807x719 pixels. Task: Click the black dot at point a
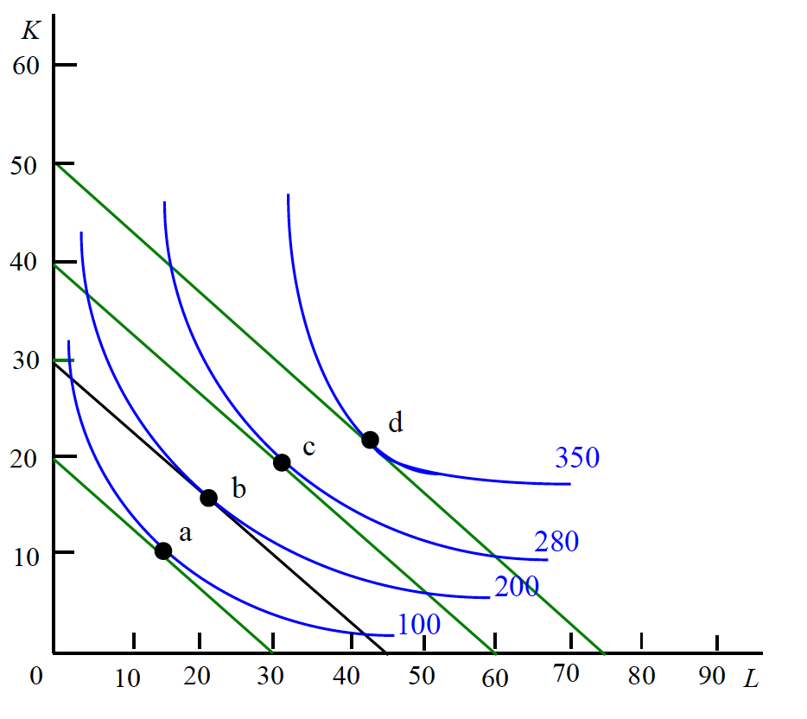163,550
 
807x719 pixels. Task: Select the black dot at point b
208,497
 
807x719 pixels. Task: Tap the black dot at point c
282,462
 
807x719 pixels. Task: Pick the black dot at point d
370,440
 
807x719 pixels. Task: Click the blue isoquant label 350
577,457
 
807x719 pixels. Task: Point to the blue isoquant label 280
556,542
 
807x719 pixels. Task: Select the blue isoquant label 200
517,587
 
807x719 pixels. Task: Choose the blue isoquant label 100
418,624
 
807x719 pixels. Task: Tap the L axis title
751,679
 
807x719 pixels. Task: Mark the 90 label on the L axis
712,677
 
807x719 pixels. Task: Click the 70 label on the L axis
566,675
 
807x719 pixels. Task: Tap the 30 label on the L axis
273,677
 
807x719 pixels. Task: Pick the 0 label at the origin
36,676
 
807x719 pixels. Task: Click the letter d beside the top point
396,423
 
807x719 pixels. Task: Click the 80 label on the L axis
641,677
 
